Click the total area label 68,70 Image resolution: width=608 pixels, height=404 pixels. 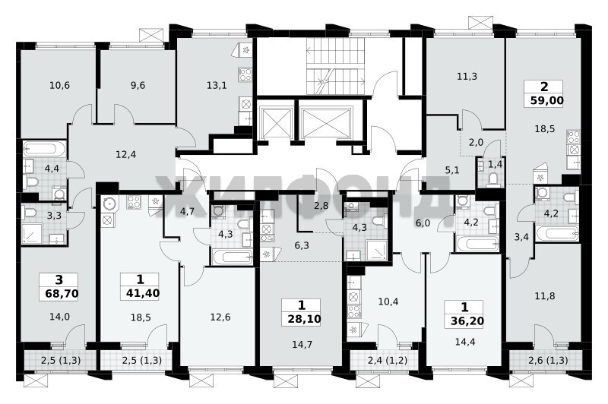(x=62, y=293)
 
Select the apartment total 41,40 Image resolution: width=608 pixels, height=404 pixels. (x=143, y=293)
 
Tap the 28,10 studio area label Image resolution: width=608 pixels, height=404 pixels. (x=305, y=319)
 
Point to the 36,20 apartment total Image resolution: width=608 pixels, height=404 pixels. (x=467, y=320)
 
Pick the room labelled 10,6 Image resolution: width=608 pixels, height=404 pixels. (x=60, y=85)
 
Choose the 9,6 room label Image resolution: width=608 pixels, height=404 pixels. (x=138, y=85)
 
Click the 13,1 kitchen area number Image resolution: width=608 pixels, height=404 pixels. (x=217, y=85)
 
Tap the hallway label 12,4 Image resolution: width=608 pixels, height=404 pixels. (x=126, y=155)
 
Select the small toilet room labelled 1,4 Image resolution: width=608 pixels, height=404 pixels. (x=495, y=164)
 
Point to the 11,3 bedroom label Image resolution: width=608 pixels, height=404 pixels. (x=467, y=76)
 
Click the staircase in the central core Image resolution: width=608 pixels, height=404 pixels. (x=335, y=66)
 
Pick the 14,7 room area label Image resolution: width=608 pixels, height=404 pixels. (x=302, y=344)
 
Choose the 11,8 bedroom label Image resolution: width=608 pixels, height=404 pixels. (x=545, y=296)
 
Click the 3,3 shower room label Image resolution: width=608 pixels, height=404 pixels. (x=54, y=216)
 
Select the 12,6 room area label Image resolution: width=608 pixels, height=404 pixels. (x=220, y=317)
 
